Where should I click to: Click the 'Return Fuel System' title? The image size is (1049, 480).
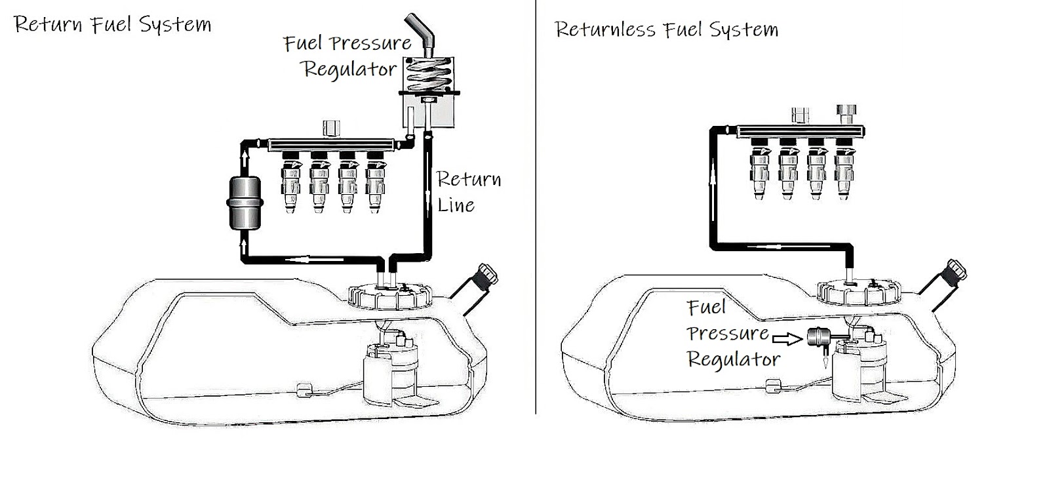tap(112, 25)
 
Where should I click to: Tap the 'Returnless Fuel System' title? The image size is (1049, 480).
tap(665, 30)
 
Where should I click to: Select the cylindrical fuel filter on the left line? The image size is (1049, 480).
tap(243, 204)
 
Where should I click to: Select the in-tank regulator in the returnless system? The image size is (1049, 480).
tap(818, 337)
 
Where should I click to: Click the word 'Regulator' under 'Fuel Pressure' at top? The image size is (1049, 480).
tap(349, 69)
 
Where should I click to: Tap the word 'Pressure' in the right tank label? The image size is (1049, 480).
tap(728, 333)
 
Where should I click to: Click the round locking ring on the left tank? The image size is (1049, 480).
tap(391, 296)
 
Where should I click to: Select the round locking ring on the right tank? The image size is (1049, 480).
tap(859, 293)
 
